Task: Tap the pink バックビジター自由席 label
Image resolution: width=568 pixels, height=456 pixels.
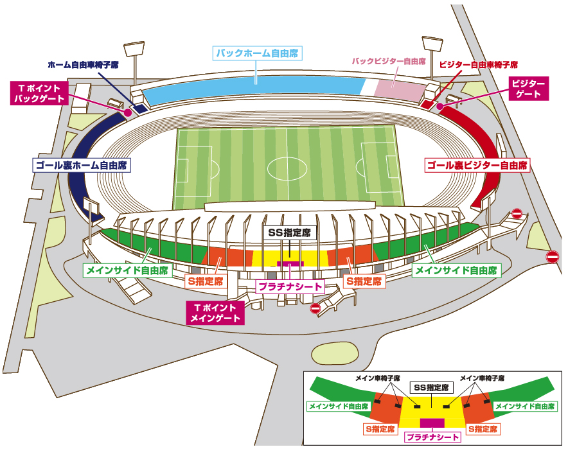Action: (x=389, y=62)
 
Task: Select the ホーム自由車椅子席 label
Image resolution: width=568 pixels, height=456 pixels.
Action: (x=84, y=66)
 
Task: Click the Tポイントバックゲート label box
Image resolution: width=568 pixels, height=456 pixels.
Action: (x=40, y=93)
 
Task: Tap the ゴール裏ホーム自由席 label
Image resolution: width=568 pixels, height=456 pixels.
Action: (x=82, y=165)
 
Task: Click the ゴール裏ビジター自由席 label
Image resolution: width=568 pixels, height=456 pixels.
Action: (x=477, y=166)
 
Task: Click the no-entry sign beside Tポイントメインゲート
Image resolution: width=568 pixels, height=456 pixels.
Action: (x=315, y=308)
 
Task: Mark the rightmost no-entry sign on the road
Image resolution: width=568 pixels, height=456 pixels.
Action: (x=553, y=257)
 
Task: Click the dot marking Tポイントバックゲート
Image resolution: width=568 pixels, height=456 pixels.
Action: (x=128, y=112)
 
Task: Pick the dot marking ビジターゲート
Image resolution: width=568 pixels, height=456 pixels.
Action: (x=440, y=106)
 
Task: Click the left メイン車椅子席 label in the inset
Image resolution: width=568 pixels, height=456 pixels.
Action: (x=378, y=378)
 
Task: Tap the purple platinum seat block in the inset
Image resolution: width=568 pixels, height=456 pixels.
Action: (x=432, y=423)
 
